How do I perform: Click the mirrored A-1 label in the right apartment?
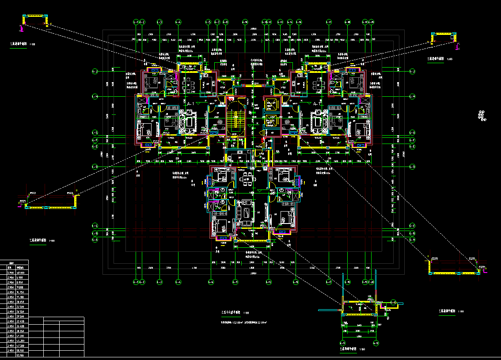coord(316,104)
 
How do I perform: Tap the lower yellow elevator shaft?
coord(270,121)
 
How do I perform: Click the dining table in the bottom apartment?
coord(247,179)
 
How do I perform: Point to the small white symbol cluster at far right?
coord(482,115)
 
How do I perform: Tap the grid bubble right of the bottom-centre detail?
coord(376,343)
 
